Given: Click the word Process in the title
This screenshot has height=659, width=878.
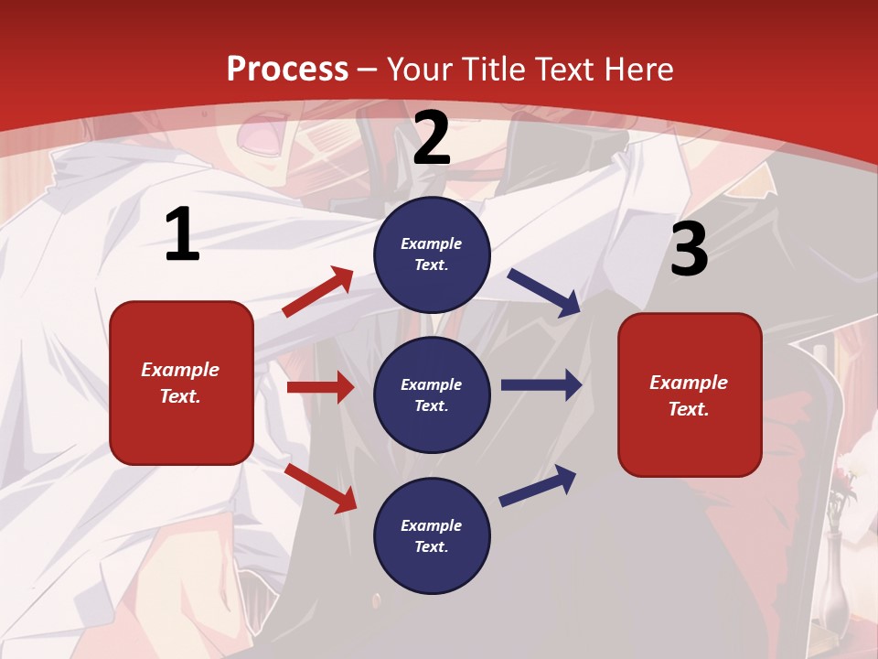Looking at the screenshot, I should click(287, 69).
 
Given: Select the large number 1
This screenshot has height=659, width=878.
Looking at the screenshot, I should click(182, 235).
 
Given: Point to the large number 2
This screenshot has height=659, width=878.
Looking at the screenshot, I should click(432, 138).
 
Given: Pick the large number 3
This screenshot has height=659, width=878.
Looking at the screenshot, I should click(689, 249).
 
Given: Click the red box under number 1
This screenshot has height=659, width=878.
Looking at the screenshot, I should click(181, 383).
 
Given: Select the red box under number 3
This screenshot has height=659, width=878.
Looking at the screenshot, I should click(690, 395).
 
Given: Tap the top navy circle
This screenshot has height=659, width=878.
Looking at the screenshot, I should click(432, 254).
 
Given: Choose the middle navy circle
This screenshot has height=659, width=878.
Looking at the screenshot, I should click(432, 394).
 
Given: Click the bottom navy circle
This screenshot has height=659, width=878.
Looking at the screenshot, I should click(432, 535).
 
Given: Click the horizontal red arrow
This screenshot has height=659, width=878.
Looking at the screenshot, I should click(320, 387).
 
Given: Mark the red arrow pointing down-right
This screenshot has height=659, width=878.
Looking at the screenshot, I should click(321, 488).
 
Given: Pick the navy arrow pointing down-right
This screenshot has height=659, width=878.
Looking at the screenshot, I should click(544, 293).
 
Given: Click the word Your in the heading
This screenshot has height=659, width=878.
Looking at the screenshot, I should click(422, 69).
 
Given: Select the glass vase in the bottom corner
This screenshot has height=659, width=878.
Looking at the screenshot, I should click(833, 586).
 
